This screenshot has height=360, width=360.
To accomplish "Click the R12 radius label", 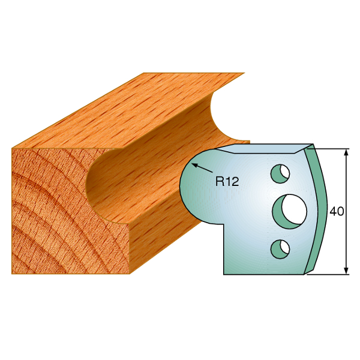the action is point(227,182).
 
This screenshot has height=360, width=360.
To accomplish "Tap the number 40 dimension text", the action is point(337,211).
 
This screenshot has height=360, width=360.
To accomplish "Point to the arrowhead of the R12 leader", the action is point(194,164).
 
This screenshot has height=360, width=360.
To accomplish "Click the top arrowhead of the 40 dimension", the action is point(346,152).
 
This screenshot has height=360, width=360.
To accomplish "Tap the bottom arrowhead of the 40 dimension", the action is point(346,271).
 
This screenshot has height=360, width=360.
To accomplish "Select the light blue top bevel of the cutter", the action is point(264,149).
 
